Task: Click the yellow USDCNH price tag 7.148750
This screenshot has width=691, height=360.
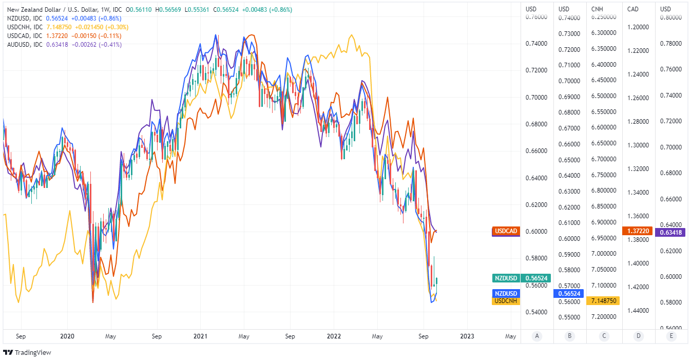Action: point(604,300)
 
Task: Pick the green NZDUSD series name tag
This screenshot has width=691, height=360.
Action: point(505,278)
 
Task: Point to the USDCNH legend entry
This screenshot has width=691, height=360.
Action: point(25,27)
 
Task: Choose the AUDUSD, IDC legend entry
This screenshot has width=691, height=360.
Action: point(25,44)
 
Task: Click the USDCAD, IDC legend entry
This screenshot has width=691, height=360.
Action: point(25,35)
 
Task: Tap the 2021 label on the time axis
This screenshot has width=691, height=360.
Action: point(200,336)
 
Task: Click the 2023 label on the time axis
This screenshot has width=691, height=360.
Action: point(467,336)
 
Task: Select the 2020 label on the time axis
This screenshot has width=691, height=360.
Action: point(67,336)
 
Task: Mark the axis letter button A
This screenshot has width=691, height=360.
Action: point(537,336)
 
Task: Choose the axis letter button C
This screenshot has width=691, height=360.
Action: point(604,336)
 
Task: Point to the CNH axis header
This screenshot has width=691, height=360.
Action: point(597,9)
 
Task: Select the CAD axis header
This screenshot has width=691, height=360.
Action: point(633,9)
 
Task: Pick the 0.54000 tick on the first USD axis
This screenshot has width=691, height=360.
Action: point(536,312)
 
